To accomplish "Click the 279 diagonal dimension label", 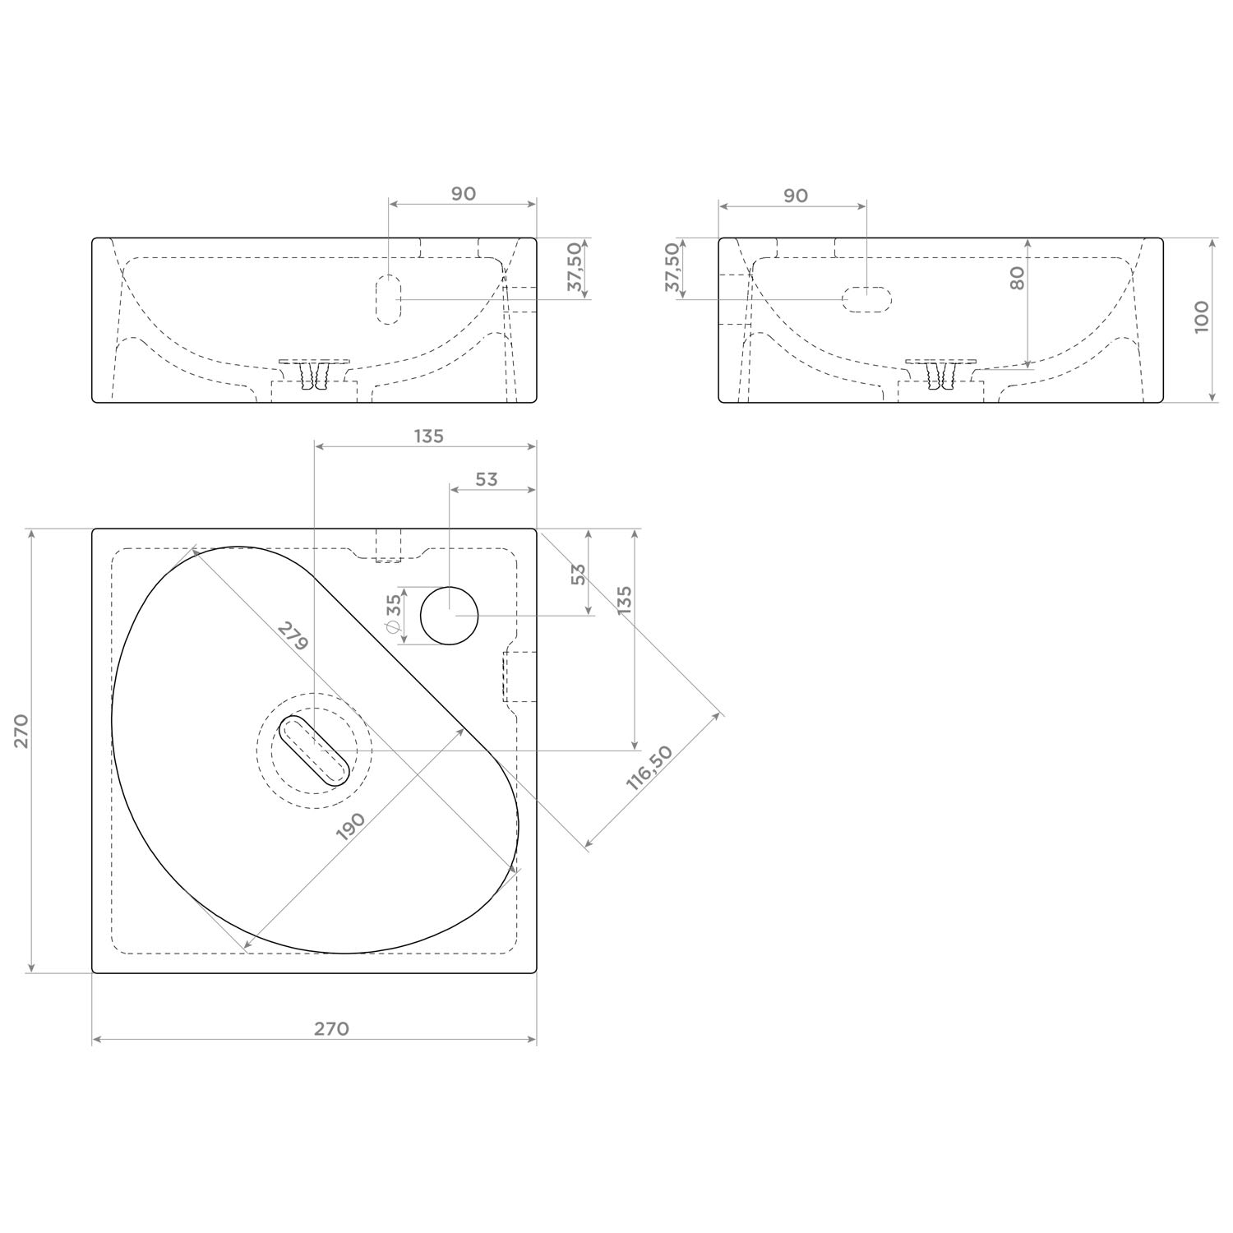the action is coord(292,637).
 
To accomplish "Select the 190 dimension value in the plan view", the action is coord(351,825).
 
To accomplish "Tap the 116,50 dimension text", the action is coord(649,767).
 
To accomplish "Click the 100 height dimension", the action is coord(1202,316).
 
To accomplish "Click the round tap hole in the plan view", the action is coord(450,616).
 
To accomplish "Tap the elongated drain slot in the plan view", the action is coord(315,750).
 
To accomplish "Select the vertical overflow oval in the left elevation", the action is coord(388,300).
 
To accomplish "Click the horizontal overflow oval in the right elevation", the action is coord(867,299).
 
